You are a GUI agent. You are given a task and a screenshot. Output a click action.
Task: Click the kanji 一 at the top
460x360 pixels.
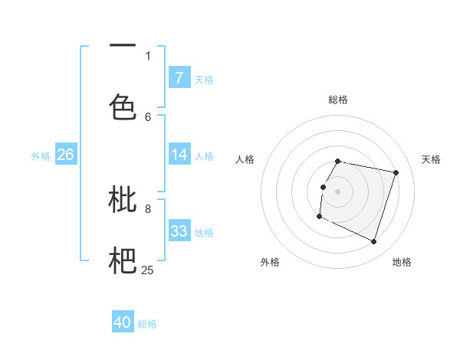[123, 46]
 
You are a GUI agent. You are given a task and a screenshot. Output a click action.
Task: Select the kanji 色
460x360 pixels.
[123, 106]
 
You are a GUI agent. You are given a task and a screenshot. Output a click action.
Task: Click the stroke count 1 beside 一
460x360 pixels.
[148, 55]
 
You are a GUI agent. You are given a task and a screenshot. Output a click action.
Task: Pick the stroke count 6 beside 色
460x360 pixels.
[148, 116]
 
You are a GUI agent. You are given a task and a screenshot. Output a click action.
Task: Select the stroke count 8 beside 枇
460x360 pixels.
[148, 208]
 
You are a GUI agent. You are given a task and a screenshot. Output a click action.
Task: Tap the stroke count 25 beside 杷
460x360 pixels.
[147, 270]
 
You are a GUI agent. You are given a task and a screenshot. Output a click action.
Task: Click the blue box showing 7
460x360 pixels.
[179, 77]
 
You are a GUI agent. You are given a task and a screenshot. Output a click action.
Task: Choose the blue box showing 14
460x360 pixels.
[179, 155]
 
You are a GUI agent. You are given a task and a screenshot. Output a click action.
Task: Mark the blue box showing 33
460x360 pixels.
[179, 231]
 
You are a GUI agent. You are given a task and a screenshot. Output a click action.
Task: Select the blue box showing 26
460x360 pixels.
[65, 155]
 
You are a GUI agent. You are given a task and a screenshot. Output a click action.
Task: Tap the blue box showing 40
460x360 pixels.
[123, 323]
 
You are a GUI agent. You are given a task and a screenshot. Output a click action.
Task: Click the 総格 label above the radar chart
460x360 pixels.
[338, 100]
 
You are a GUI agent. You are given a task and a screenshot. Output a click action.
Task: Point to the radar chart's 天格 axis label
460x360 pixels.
[431, 159]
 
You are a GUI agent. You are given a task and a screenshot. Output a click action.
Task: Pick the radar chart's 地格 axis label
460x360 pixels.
[402, 262]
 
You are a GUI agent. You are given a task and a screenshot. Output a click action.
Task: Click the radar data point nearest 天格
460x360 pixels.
[396, 172]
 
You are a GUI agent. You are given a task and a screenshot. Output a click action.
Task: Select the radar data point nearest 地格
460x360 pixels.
[373, 242]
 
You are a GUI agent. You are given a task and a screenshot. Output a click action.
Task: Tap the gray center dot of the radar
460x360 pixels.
[338, 191]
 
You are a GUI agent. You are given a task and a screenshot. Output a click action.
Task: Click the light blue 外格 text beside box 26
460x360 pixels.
[41, 155]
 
